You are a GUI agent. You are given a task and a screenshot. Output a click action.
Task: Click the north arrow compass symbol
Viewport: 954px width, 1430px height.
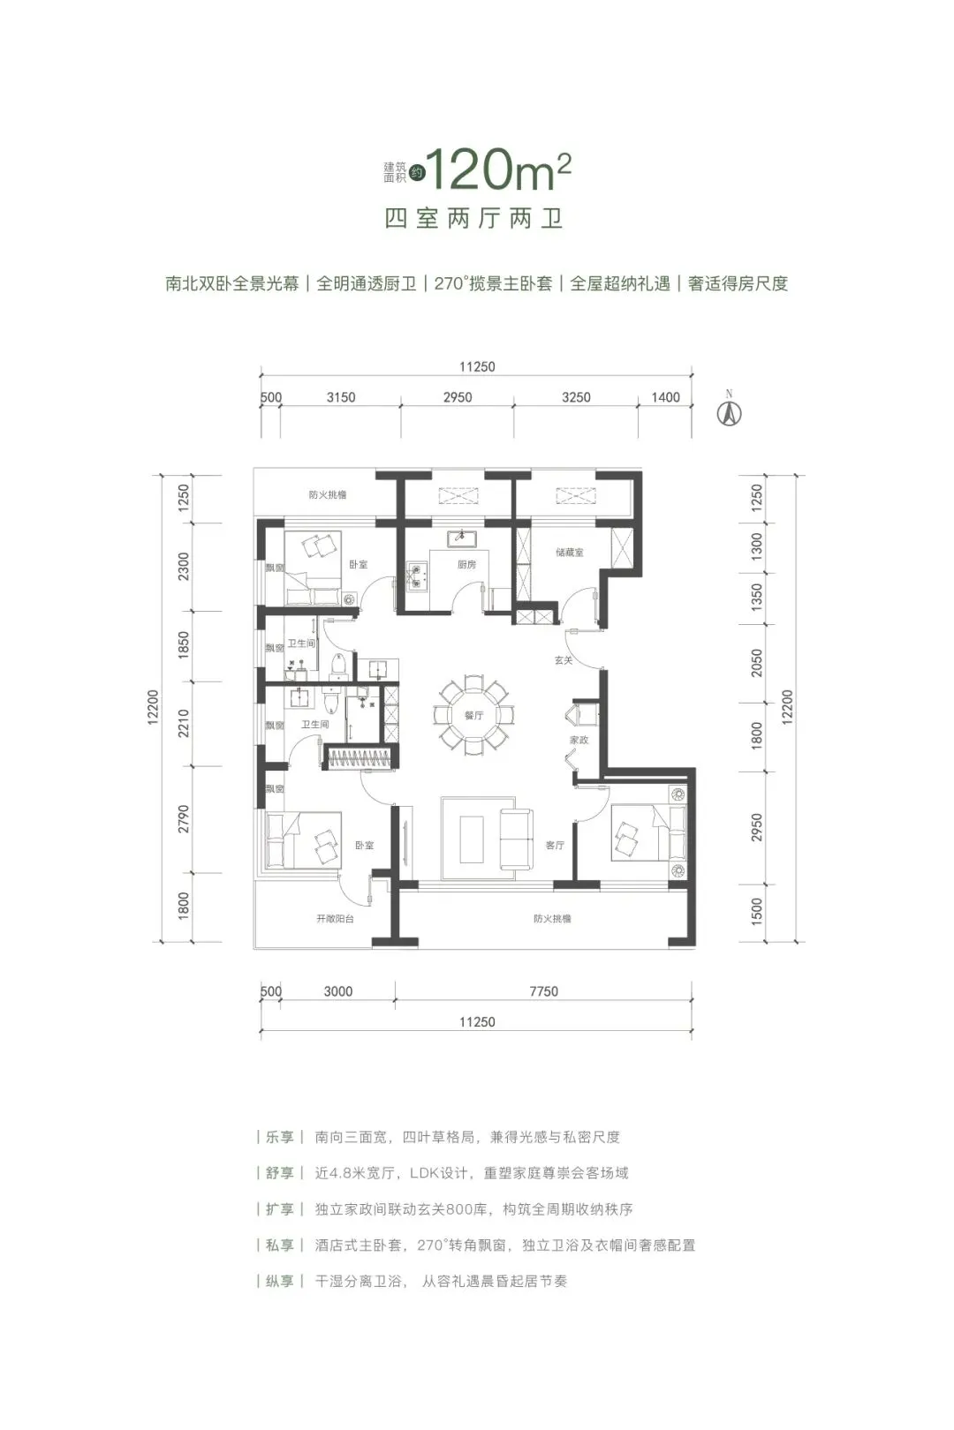729,411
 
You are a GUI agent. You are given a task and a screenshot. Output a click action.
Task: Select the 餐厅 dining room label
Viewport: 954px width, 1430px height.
473,716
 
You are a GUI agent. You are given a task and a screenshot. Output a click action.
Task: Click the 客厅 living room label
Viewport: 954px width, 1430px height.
555,845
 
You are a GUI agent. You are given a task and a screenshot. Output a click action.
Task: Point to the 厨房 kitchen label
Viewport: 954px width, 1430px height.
466,564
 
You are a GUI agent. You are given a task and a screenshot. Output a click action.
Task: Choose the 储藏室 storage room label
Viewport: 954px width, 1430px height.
570,553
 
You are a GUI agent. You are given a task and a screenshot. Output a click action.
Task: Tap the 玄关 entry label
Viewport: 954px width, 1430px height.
564,659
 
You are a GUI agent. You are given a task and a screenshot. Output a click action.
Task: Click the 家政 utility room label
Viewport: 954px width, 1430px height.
579,740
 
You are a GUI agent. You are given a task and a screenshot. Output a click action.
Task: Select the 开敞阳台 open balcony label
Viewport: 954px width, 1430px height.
335,919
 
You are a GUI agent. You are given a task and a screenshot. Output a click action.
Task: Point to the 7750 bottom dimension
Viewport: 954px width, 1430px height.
544,991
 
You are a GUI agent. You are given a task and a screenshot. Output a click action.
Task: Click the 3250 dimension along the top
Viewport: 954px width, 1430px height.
576,397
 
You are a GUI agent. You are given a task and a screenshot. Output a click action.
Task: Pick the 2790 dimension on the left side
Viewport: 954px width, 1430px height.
184,818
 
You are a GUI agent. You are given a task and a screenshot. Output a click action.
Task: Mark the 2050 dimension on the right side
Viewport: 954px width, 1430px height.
757,662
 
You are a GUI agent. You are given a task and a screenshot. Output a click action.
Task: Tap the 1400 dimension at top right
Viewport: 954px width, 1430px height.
665,397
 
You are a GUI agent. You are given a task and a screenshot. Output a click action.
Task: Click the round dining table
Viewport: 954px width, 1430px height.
473,714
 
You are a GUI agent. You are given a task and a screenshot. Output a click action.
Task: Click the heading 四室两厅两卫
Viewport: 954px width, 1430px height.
473,218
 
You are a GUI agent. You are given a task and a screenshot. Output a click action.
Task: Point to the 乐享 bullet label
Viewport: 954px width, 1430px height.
280,1137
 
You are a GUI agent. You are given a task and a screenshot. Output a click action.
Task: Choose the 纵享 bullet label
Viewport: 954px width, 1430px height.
280,1281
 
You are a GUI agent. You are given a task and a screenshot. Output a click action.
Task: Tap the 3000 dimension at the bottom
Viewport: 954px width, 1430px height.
338,991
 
